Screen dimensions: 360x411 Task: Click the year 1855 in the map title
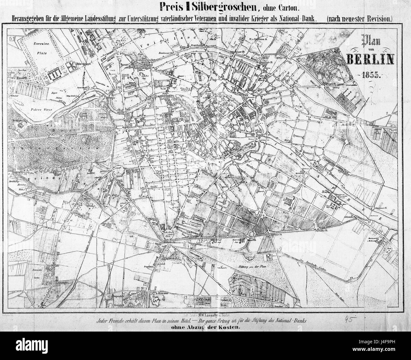(x=374, y=76)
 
